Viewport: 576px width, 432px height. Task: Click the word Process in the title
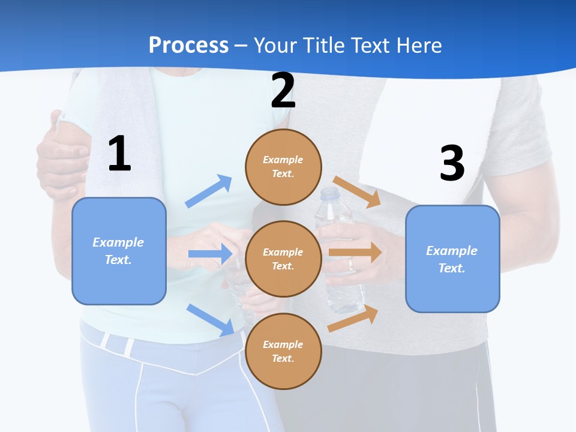click(x=188, y=45)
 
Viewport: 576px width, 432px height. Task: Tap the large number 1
click(x=119, y=154)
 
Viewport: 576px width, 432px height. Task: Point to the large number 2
click(x=283, y=91)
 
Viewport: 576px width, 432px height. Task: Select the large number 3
click(x=452, y=163)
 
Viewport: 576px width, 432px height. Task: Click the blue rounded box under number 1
click(x=119, y=251)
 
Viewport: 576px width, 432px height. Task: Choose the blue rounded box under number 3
click(x=452, y=259)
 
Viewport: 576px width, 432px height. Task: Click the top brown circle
click(x=283, y=167)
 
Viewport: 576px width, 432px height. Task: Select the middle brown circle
click(x=283, y=259)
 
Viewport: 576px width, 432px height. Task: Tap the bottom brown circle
click(x=283, y=351)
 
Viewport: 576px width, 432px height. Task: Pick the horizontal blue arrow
click(x=210, y=254)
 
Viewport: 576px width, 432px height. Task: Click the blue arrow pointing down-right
click(x=211, y=319)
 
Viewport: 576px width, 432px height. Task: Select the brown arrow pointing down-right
click(x=357, y=191)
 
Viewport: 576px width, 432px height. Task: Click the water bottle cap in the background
click(x=329, y=194)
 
